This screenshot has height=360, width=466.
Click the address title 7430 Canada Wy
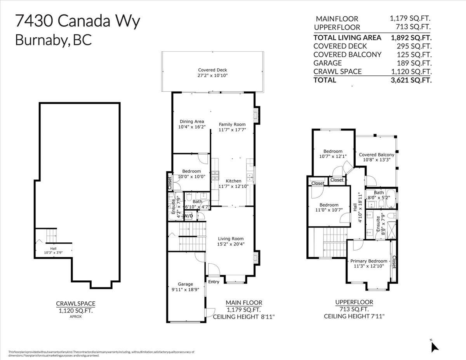pos(77,21)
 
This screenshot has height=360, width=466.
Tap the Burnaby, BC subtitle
pos(53,40)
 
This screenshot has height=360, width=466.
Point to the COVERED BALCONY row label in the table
pos(347,55)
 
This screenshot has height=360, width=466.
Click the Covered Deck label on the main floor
pos(212,70)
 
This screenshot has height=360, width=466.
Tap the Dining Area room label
pos(191,122)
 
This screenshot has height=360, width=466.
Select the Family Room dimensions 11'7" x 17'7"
pos(232,130)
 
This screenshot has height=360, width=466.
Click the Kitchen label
pos(233,181)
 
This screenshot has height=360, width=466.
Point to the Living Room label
pos(231,239)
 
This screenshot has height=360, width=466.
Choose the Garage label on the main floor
pos(185,284)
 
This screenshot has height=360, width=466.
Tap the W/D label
pos(188,216)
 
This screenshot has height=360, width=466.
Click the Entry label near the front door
pos(214,282)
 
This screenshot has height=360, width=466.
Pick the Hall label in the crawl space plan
pos(53,249)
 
